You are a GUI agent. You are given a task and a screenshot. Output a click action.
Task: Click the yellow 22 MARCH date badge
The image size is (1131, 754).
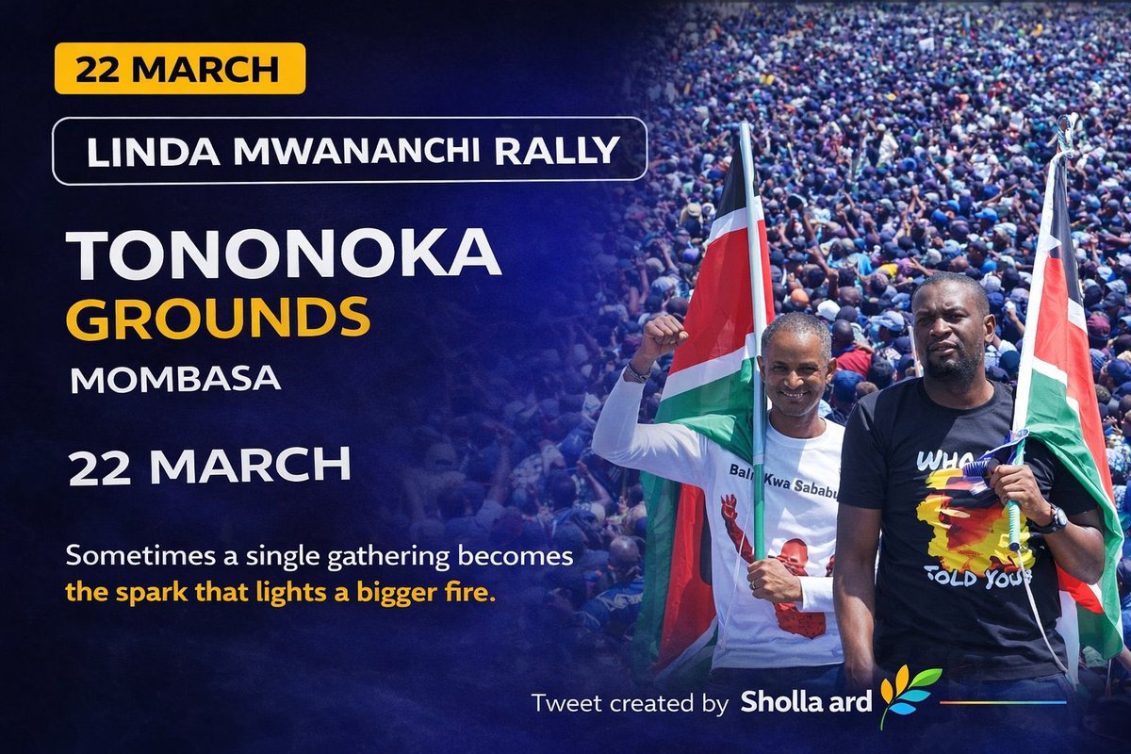point(179,69)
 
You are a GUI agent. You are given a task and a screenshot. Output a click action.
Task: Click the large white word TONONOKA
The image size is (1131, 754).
point(283,255)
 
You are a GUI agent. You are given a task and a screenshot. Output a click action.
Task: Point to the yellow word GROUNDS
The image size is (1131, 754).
point(218,318)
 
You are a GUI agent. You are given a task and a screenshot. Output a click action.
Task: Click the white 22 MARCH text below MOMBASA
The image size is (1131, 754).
point(209,467)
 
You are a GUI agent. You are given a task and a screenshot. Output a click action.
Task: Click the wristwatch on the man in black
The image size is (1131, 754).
point(1052,518)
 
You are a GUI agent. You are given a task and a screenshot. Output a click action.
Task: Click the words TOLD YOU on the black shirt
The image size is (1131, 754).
point(975,575)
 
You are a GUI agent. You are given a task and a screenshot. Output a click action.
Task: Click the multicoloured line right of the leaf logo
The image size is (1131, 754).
point(1003,702)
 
